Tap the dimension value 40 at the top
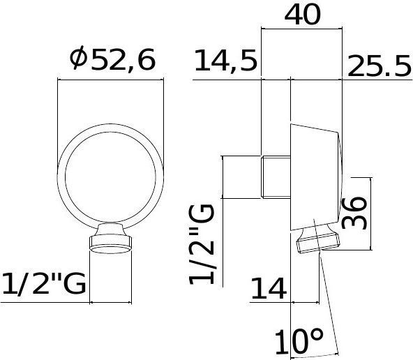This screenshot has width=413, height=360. (x=301, y=13)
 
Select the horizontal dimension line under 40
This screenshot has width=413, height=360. (x=301, y=30)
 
